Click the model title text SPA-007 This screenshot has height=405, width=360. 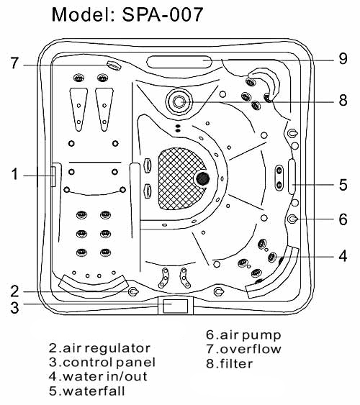coord(162,14)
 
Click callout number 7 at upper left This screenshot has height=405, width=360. coord(14,63)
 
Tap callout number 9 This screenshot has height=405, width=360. coord(343,59)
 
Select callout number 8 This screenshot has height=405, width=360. coord(343,100)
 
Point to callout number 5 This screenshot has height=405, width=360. coord(343,185)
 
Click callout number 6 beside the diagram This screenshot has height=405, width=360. coord(343,219)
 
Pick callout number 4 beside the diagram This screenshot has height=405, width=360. coord(343,256)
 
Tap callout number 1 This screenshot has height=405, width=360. coord(14,174)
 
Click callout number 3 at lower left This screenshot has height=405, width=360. coord(14,308)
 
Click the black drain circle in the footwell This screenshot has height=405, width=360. coord(202,178)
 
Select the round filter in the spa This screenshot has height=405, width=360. coord(179,101)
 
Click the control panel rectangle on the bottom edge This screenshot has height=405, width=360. coord(176,306)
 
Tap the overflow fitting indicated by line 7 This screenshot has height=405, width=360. coord(114,65)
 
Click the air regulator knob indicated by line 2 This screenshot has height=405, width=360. coord(133,291)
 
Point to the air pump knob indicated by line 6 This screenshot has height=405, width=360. coord(292,219)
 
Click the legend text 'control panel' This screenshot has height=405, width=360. coord(109,362)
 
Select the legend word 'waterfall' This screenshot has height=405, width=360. coord(94,391)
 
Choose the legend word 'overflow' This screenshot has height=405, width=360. coord(251,349)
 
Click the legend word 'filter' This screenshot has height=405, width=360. coord(236,364)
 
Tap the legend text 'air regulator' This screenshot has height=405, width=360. coord(107,348)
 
